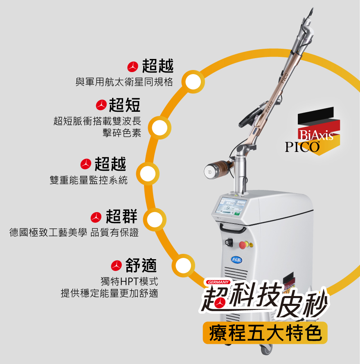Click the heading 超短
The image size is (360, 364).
[x=124, y=105]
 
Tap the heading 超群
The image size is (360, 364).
[x=122, y=216]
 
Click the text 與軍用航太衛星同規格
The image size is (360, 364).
[x=124, y=82]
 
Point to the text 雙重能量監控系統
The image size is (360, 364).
[x=89, y=180]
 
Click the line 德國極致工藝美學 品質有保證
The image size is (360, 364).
[x=74, y=233]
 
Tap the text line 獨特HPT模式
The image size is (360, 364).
[x=129, y=282]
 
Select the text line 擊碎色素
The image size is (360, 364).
[x=122, y=133]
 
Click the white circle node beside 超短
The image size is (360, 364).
[x=160, y=128]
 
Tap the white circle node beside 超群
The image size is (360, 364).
[x=155, y=219]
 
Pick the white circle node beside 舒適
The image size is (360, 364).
[x=183, y=265]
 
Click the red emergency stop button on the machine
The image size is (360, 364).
[x=243, y=245]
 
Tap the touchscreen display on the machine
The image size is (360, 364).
[x=231, y=206]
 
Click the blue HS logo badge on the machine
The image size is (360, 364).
[x=236, y=260]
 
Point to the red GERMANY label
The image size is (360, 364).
[x=218, y=282]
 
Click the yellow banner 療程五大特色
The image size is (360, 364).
[x=265, y=332]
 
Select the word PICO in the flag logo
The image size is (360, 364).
[x=302, y=147]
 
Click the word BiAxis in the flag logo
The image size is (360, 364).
[x=316, y=135]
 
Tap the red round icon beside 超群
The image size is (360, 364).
[x=96, y=217]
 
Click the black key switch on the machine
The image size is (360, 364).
[x=229, y=242]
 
